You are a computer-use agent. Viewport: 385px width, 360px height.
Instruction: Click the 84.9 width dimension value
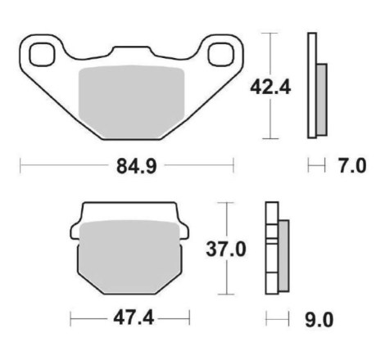137,166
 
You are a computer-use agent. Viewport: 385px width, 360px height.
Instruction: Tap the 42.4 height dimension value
270,88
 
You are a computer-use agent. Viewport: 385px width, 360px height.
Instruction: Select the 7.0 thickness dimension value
352,166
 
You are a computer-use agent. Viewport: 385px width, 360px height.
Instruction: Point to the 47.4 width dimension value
134,318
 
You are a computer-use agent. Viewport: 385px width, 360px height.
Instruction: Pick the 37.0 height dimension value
226,249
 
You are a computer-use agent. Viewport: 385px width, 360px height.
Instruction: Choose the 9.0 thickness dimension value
319,320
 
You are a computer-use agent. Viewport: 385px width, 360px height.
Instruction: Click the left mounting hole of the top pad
42,55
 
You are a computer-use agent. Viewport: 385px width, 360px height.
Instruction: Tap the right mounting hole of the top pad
221,55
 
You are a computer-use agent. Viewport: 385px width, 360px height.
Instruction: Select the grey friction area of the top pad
131,101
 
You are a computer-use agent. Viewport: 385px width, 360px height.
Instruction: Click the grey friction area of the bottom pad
129,256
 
